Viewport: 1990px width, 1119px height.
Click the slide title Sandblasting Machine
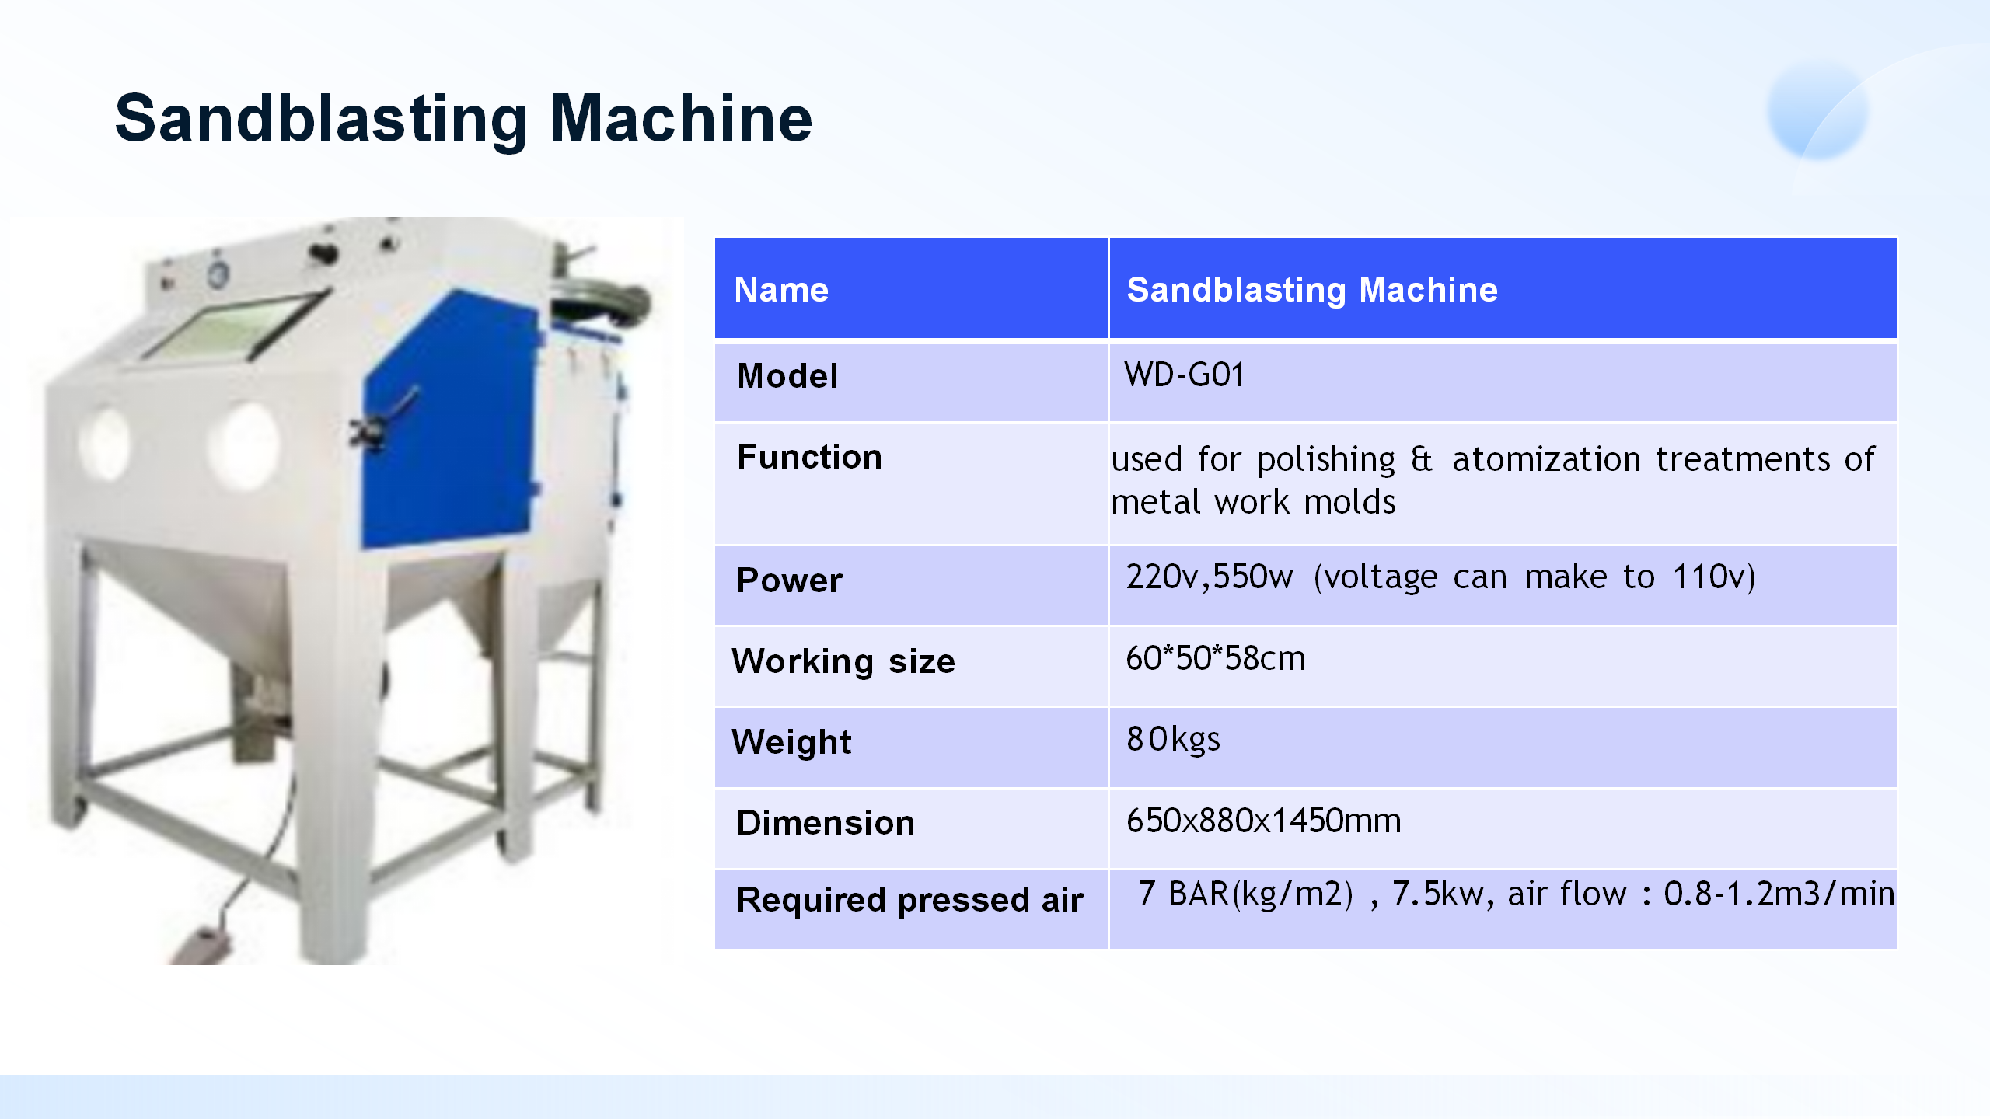pyautogui.click(x=463, y=118)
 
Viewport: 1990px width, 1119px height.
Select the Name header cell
pyautogui.click(x=781, y=290)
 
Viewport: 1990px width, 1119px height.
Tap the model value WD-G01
pyautogui.click(x=1184, y=375)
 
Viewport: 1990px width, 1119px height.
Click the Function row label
pyautogui.click(x=809, y=457)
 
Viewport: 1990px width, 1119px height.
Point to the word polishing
pyautogui.click(x=1326, y=459)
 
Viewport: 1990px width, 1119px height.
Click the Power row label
pyautogui.click(x=789, y=580)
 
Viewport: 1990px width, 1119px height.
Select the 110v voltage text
pyautogui.click(x=1713, y=577)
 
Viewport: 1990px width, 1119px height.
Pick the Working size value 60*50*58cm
pyautogui.click(x=1215, y=659)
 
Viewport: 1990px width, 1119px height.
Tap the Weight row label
pyautogui.click(x=791, y=742)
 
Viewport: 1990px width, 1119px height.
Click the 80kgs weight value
pyautogui.click(x=1173, y=740)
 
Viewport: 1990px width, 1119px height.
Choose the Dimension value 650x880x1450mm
pyautogui.click(x=1263, y=821)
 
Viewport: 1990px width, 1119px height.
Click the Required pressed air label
pyautogui.click(x=909, y=900)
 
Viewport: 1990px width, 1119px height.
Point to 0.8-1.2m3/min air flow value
pyautogui.click(x=1779, y=894)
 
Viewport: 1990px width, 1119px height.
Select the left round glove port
pyautogui.click(x=104, y=444)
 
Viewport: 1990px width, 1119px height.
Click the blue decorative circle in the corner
pyautogui.click(x=1817, y=110)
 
